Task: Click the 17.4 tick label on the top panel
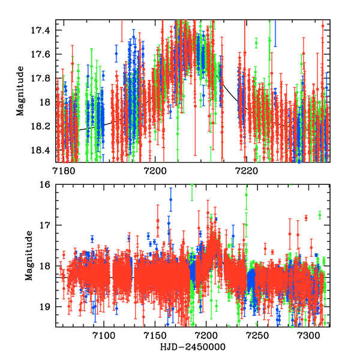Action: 43,30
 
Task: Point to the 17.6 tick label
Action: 43,54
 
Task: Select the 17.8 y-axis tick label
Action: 43,78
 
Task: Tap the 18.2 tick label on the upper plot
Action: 43,126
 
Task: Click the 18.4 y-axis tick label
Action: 43,150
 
